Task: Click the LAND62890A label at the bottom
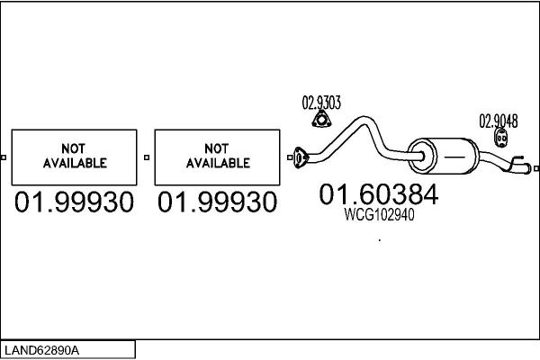point(41,350)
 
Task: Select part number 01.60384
point(379,194)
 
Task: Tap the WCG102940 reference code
point(379,214)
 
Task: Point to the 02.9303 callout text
point(321,103)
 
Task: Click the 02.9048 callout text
point(499,121)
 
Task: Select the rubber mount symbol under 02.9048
point(501,138)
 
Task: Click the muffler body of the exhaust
point(443,156)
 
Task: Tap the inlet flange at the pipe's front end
point(301,157)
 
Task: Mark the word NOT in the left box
point(73,148)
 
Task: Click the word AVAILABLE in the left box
point(75,163)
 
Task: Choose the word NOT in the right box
point(216,148)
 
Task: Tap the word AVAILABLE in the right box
point(218,163)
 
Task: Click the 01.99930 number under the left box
point(74,202)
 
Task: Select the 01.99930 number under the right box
point(217,202)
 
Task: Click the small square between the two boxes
point(147,157)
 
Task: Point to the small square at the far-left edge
point(4,157)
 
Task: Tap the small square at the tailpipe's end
point(536,168)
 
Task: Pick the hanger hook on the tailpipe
point(516,161)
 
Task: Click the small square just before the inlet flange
point(290,157)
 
